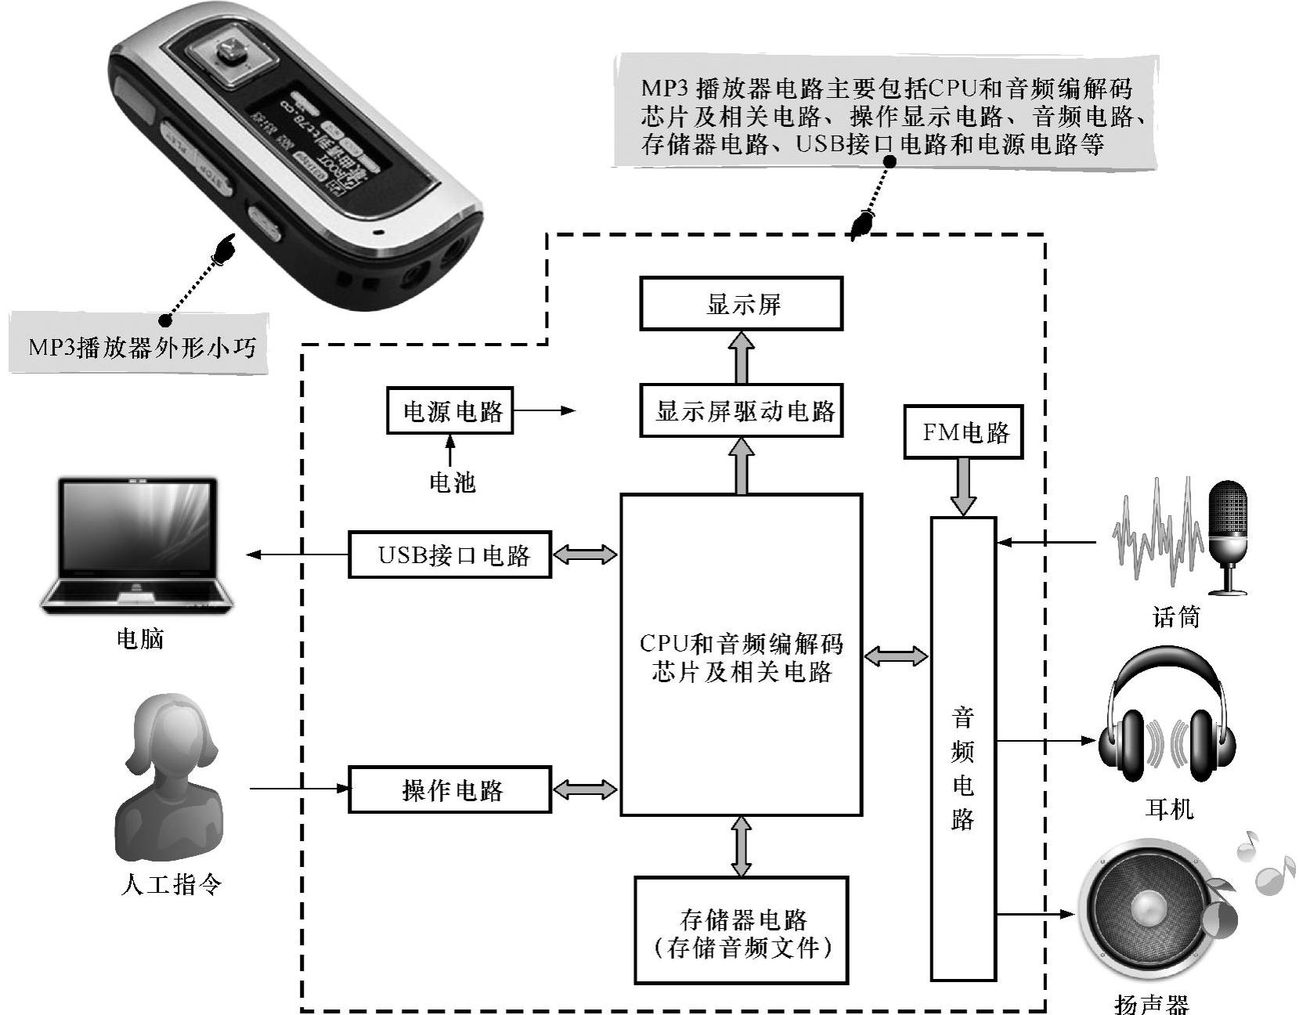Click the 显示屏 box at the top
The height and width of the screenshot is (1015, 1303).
pos(741,303)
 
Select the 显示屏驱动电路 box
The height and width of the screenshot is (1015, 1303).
pos(741,410)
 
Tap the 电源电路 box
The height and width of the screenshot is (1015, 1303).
pos(450,410)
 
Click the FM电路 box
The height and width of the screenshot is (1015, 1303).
pos(963,432)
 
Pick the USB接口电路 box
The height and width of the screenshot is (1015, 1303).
pos(450,555)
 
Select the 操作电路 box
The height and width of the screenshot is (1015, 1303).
pos(450,789)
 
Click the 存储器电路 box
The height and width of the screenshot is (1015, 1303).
pos(741,930)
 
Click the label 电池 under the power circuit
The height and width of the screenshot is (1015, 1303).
pos(452,482)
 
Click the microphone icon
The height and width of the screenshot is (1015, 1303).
pos(1226,536)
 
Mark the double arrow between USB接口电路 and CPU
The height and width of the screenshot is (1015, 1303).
pos(585,555)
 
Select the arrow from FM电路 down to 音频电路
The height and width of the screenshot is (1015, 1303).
pos(962,486)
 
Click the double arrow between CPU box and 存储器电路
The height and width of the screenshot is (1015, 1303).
pos(741,847)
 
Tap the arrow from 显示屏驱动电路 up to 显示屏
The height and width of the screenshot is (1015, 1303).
pos(741,356)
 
